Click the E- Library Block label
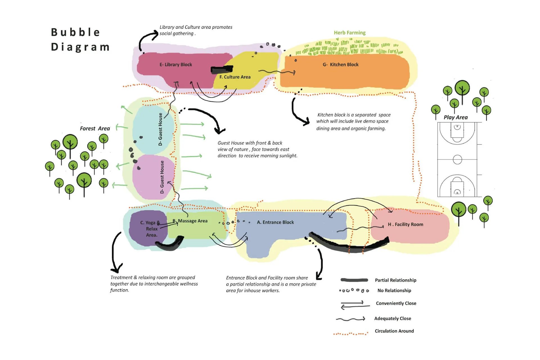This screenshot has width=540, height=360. (x=176, y=65)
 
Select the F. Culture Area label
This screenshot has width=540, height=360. (x=235, y=77)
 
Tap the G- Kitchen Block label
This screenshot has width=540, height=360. (x=341, y=65)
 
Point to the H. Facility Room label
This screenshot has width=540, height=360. (x=405, y=224)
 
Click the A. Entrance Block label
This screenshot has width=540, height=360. (x=275, y=222)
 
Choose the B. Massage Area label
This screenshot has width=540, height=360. (x=190, y=221)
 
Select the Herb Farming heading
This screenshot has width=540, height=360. (x=350, y=33)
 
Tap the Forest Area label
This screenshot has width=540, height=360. (x=95, y=129)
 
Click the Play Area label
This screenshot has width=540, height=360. (x=456, y=118)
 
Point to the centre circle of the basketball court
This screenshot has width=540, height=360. (x=457, y=159)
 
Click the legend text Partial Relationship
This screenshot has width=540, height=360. (x=395, y=280)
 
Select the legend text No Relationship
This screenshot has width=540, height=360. (x=394, y=291)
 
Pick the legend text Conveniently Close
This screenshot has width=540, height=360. (x=396, y=303)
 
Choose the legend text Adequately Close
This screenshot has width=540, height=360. (x=393, y=318)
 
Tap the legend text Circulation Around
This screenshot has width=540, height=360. (x=394, y=331)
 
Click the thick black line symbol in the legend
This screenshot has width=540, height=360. (x=354, y=280)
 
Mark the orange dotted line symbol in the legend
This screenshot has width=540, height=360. (x=351, y=334)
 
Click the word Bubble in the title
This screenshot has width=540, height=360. (x=75, y=32)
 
